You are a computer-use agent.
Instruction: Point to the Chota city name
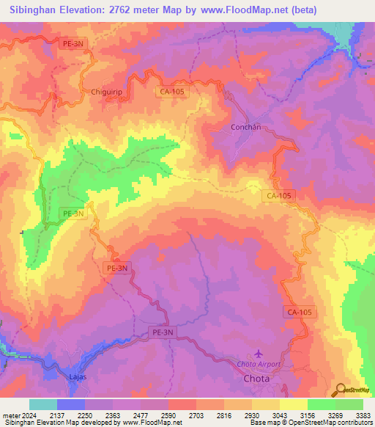[x=256, y=379]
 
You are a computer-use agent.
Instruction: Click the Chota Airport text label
[x=258, y=365]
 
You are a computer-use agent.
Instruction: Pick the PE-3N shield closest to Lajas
[x=163, y=332]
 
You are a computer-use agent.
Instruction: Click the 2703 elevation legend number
[x=195, y=415]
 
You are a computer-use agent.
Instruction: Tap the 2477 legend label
[x=139, y=415]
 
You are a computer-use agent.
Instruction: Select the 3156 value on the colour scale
[x=306, y=415]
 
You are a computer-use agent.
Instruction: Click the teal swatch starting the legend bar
[x=43, y=404]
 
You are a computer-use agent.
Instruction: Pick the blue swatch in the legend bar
[x=71, y=404]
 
